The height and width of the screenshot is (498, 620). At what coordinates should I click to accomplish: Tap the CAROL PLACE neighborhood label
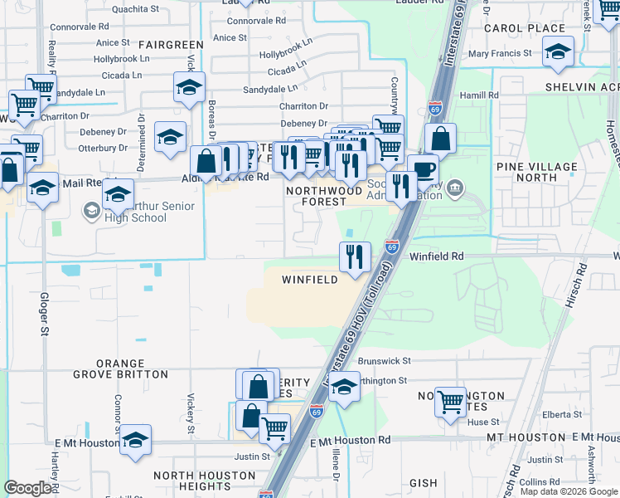[x=535, y=28]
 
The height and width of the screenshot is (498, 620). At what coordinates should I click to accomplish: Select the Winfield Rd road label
[x=436, y=257]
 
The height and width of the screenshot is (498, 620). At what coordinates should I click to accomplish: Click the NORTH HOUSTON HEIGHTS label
[x=205, y=481]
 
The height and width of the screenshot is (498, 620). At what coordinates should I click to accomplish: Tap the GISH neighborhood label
[x=423, y=482]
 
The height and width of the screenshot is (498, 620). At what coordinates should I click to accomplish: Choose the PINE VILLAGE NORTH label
[x=537, y=172]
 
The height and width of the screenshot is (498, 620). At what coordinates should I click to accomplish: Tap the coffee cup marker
[x=423, y=169]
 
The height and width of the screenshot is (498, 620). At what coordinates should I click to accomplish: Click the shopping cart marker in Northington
[x=450, y=403]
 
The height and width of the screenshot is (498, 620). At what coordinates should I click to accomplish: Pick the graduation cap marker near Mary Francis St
[x=559, y=51]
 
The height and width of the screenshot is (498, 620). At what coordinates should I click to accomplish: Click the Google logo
[x=27, y=488]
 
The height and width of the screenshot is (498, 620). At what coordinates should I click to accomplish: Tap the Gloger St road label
[x=43, y=314]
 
